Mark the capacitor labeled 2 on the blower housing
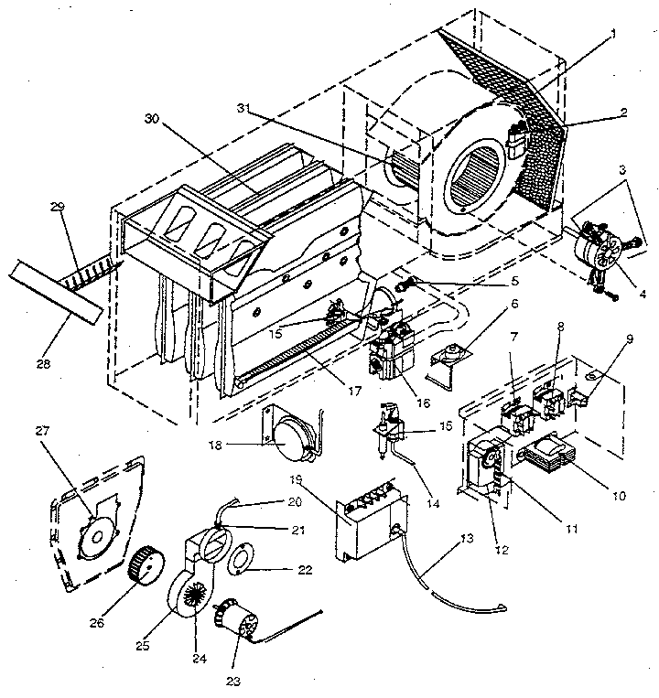(x=517, y=141)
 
